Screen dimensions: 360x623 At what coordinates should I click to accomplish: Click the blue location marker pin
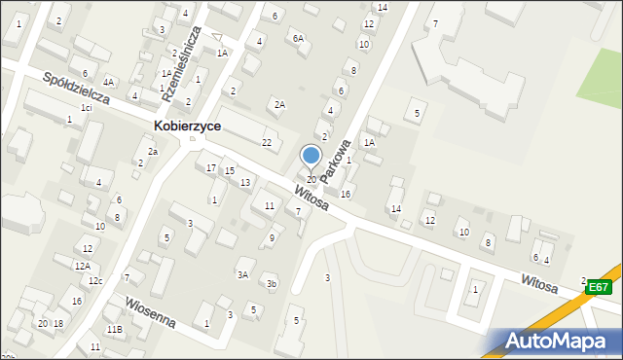click(311, 156)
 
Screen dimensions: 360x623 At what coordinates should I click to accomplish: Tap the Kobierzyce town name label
click(187, 126)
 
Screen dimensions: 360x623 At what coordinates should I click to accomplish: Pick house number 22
click(267, 143)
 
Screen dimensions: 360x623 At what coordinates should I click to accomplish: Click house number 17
click(211, 168)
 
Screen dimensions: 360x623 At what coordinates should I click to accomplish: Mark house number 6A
click(299, 38)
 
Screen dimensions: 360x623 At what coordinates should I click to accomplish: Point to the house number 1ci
click(87, 107)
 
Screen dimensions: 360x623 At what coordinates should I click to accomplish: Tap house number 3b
click(273, 284)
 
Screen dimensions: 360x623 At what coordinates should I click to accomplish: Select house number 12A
click(82, 266)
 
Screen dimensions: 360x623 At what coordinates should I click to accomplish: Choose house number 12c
click(94, 281)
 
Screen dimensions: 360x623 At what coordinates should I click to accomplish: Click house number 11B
click(114, 330)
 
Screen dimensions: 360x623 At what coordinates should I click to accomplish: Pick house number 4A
click(109, 83)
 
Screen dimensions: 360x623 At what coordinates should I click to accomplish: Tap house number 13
click(245, 183)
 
